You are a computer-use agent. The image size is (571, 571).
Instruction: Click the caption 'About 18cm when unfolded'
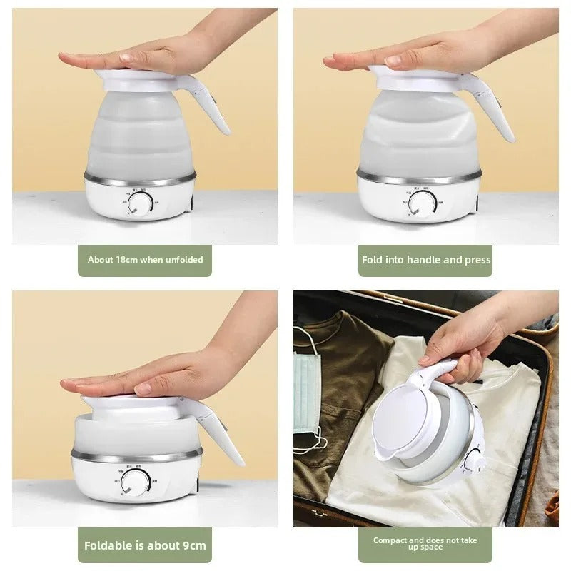click(x=145, y=260)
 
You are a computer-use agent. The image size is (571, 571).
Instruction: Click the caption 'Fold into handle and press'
click(x=426, y=260)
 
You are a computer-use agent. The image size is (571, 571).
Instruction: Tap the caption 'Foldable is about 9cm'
click(x=145, y=545)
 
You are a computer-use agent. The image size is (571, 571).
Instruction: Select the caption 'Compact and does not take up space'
click(x=425, y=543)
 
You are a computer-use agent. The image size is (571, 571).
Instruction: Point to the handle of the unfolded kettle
click(x=214, y=107)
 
